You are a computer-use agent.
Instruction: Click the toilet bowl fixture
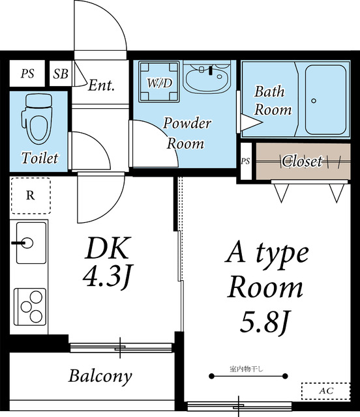[x=37, y=119]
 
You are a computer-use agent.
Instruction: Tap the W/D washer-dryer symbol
[x=159, y=81]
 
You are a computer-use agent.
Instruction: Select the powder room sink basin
[x=207, y=77]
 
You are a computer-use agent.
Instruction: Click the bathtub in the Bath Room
[x=325, y=100]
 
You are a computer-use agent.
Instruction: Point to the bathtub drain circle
[x=314, y=101]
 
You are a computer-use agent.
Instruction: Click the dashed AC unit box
[x=325, y=391]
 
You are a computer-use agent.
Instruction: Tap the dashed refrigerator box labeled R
[x=31, y=195]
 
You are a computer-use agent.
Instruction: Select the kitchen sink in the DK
[x=31, y=243]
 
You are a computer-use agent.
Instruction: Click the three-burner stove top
[x=30, y=307]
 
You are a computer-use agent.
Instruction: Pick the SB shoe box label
[x=61, y=74]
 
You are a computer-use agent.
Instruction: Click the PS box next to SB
[x=27, y=74]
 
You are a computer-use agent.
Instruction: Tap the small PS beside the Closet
[x=245, y=161]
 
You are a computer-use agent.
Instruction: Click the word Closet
[x=302, y=161]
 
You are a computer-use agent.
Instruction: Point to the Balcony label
[x=100, y=376]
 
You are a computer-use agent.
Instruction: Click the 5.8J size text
[x=265, y=323]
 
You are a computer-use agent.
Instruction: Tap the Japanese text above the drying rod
[x=246, y=369]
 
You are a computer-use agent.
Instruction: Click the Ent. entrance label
[x=102, y=85]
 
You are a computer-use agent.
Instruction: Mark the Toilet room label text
[x=40, y=158]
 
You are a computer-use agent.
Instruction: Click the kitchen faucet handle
[x=18, y=243]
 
